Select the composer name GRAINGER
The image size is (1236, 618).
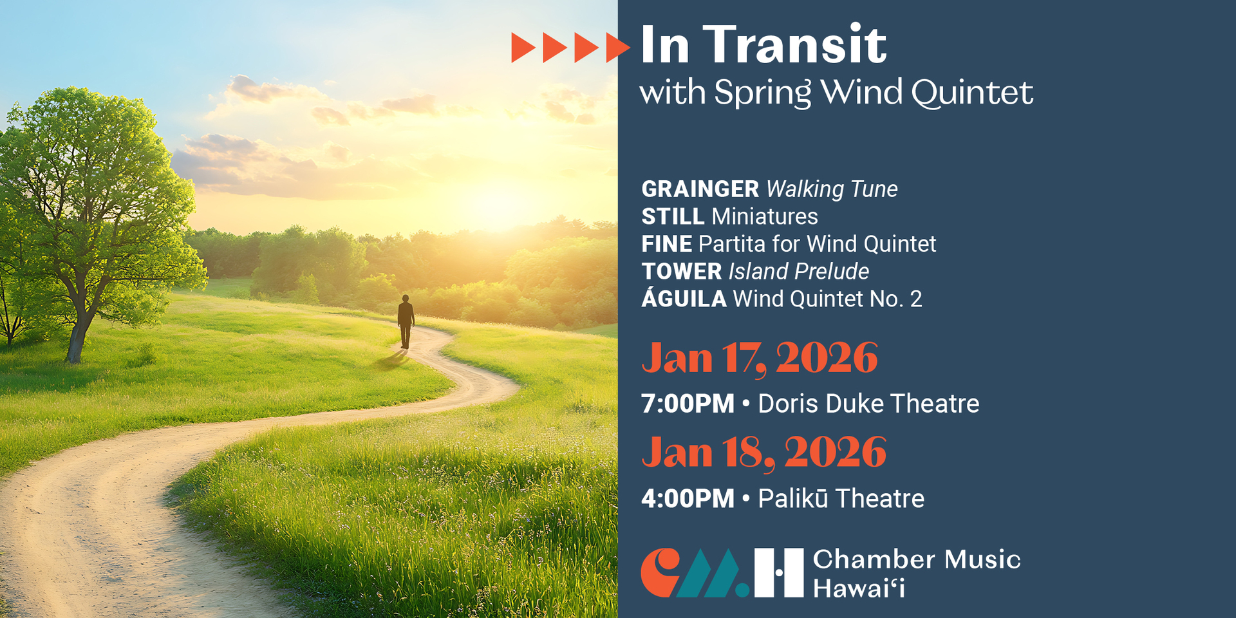[700, 189]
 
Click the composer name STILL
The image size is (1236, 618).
[673, 217]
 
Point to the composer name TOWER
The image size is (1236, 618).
[682, 272]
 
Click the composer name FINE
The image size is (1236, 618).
[667, 244]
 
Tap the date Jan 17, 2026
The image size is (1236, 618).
[760, 359]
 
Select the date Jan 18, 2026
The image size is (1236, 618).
[764, 453]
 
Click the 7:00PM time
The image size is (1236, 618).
[688, 404]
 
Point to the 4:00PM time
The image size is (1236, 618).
[688, 499]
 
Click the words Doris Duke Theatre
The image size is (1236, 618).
[868, 404]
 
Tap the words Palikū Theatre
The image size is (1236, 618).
[841, 498]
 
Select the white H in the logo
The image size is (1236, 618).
[779, 573]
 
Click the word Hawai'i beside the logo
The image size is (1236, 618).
[859, 588]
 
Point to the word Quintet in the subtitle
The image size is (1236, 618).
[972, 93]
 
